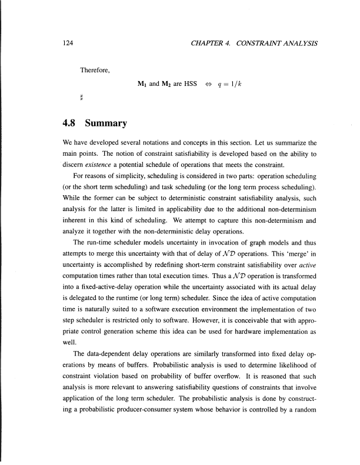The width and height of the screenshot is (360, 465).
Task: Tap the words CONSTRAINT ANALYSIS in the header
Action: pyautogui.click(x=279, y=44)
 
